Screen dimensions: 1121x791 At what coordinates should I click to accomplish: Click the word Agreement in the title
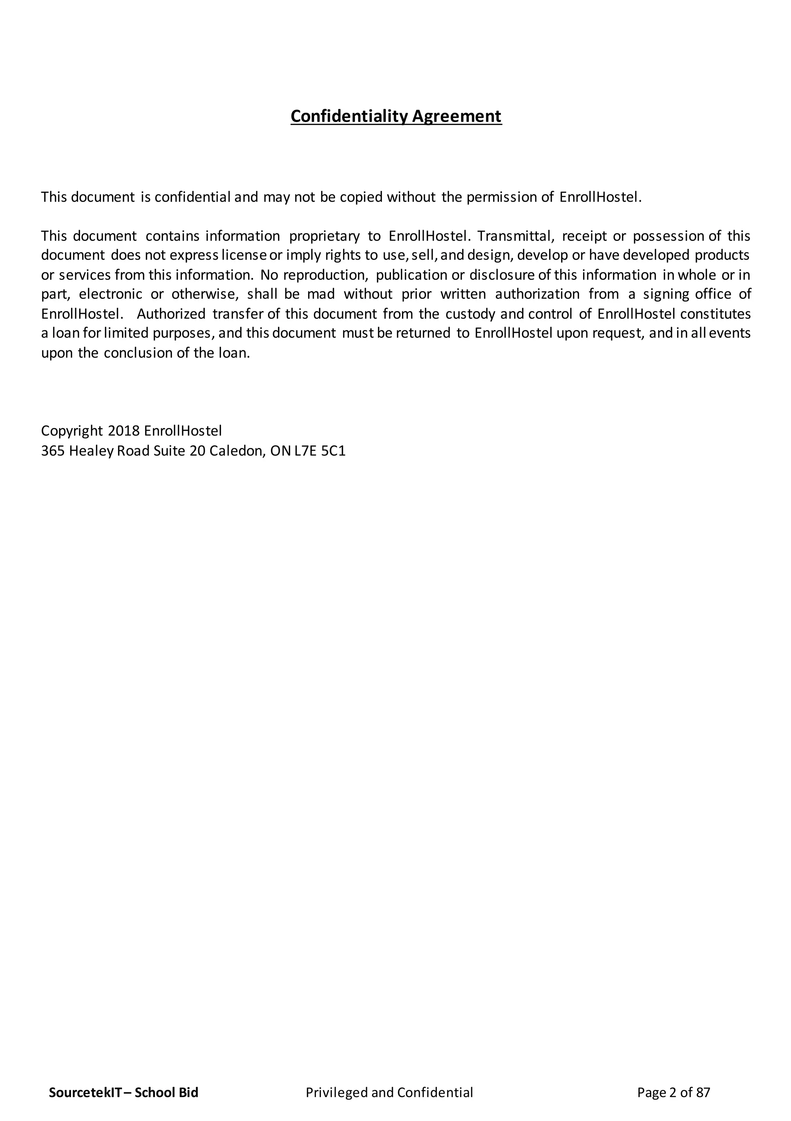pos(457,116)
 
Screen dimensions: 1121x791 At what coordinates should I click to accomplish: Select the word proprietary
pos(324,236)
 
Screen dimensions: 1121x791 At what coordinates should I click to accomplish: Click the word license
pos(244,256)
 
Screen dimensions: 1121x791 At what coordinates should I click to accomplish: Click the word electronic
pos(111,295)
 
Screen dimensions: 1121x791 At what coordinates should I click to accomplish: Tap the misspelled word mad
pos(321,295)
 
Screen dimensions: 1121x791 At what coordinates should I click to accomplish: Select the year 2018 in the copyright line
pos(124,431)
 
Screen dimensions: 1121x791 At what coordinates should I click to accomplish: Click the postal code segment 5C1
pos(333,451)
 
